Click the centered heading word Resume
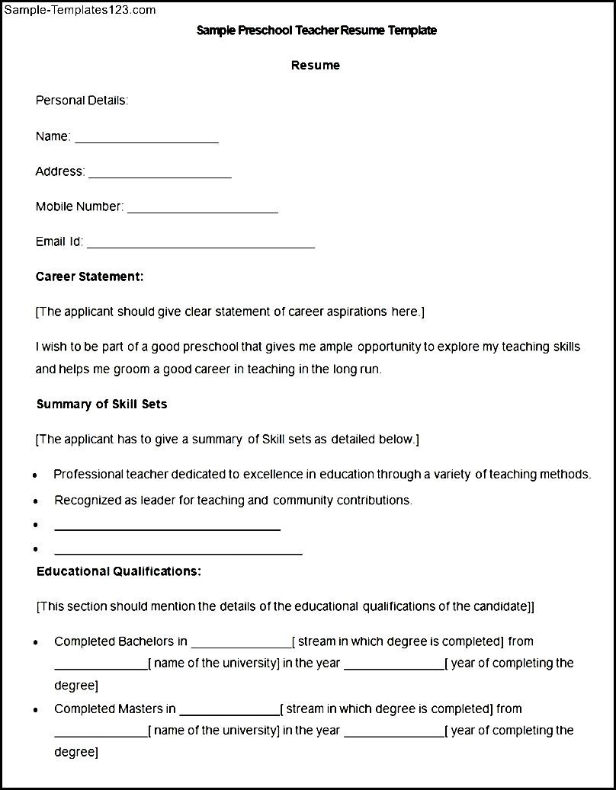pos(315,66)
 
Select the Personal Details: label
pos(82,101)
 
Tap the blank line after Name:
pos(146,141)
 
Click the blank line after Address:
pos(159,176)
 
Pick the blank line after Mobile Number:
pos(202,211)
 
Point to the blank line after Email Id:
pos(201,246)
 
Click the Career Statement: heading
pos(89,277)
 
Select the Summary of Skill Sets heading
pos(101,405)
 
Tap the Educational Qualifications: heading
pos(118,571)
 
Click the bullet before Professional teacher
pos(36,475)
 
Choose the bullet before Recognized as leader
pos(36,502)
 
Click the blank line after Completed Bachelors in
pos(241,645)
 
